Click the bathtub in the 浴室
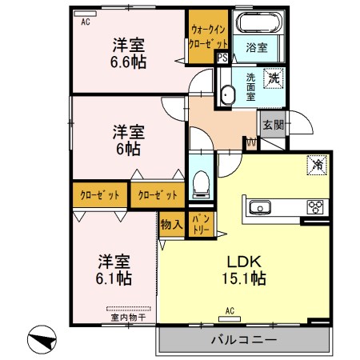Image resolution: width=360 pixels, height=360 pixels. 259,22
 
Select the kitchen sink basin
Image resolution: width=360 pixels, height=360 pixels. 260,207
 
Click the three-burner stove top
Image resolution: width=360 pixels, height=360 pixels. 315,207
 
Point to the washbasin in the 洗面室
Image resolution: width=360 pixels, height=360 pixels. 228,95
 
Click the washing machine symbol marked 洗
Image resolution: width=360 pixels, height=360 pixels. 274,78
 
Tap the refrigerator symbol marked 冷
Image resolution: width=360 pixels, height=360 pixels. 317,165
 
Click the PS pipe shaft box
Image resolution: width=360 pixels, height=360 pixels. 222,58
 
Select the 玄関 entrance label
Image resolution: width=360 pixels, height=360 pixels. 273,125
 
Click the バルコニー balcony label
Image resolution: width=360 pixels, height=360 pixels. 244,340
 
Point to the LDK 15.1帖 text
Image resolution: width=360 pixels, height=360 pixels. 244,270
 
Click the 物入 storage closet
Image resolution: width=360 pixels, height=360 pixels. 172,224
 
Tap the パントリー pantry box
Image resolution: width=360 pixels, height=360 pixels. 202,224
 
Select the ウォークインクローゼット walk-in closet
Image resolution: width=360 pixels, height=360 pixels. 208,37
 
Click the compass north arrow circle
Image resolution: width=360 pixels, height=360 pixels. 42,339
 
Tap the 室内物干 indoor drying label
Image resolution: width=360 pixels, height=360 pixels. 128,318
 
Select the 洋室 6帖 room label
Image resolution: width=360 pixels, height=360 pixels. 129,140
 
